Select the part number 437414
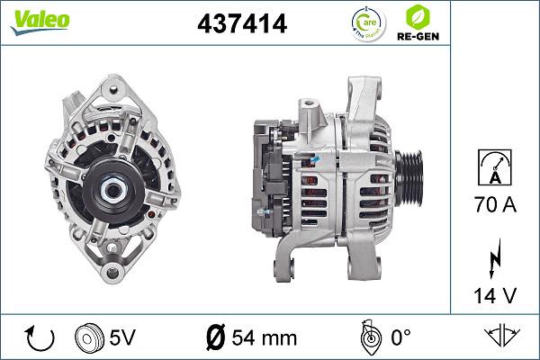coord(242,25)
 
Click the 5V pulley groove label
coord(122,338)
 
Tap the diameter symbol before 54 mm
coord(215,338)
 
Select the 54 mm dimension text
coord(264,338)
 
